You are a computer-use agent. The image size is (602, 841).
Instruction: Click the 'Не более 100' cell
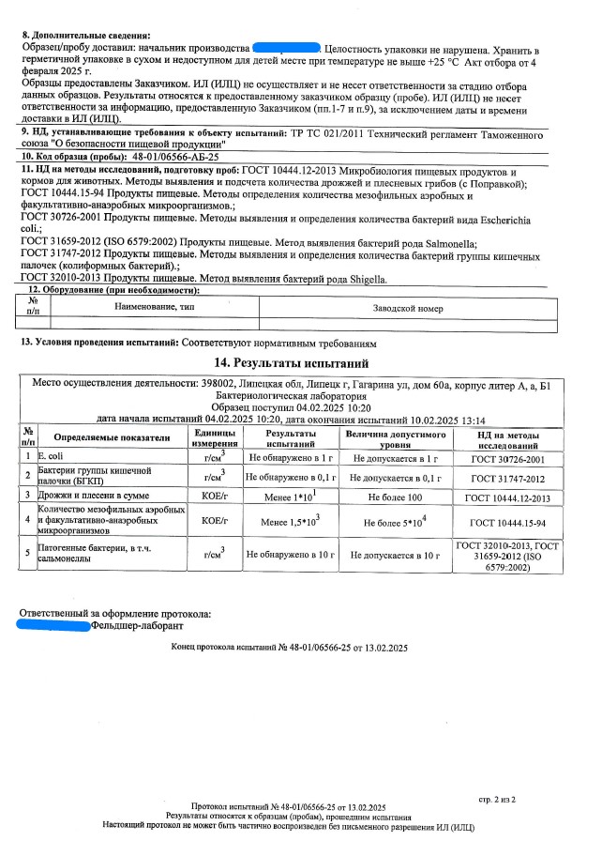tap(396, 495)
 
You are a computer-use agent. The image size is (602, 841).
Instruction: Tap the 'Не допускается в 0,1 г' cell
tap(396, 477)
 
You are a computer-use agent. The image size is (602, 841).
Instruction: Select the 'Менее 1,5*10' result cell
tap(289, 522)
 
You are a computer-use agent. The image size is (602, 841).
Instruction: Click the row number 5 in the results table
tap(28, 554)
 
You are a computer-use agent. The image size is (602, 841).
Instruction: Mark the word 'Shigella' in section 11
tap(360, 279)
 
